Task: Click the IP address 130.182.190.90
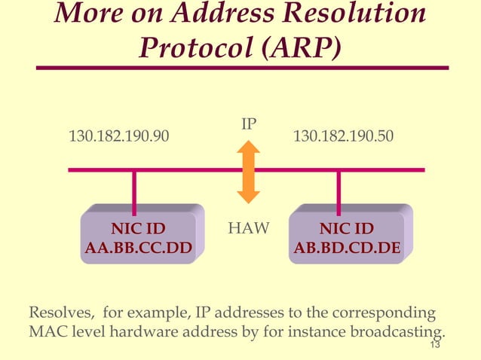coord(119,136)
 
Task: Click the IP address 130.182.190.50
coord(343,136)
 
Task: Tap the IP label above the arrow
coord(249,123)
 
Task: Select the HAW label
coord(248,228)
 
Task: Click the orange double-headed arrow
coord(248,172)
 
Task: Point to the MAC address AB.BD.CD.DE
coord(347,247)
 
